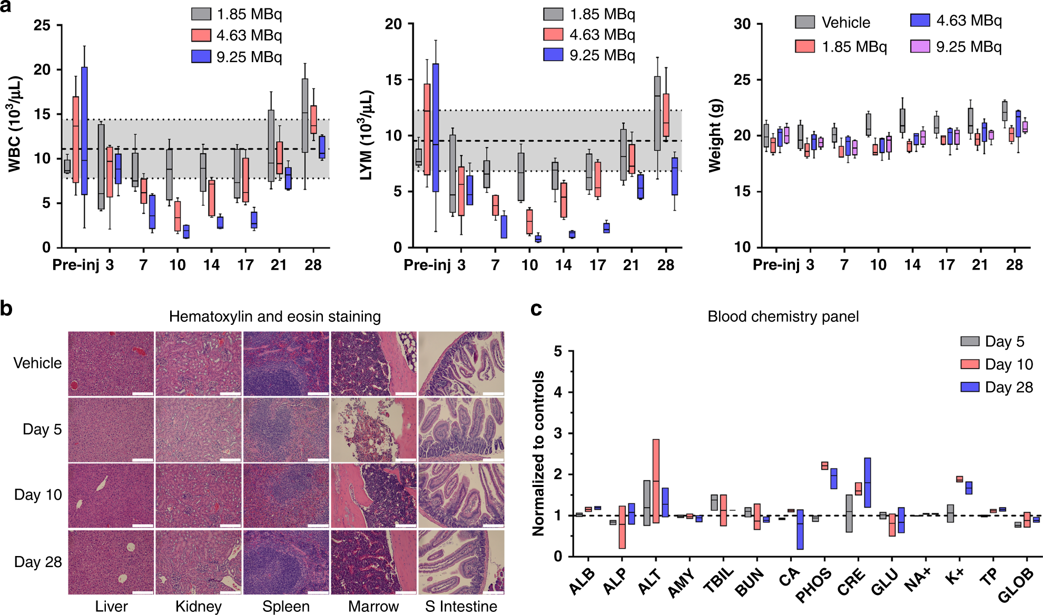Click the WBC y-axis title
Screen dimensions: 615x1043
click(x=15, y=124)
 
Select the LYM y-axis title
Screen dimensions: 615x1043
click(x=367, y=135)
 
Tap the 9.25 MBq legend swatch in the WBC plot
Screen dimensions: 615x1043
click(x=201, y=56)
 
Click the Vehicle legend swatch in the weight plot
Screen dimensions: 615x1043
click(x=804, y=22)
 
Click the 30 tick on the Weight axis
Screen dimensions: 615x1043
click(x=742, y=24)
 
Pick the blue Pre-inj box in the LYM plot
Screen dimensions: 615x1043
click(x=436, y=127)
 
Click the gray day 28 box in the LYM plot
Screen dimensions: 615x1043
click(x=657, y=113)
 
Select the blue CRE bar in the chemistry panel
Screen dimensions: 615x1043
click(x=868, y=482)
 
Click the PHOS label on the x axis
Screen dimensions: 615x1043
click(x=814, y=585)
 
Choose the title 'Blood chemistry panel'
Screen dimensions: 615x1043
click(x=783, y=316)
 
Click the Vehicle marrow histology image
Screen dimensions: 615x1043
click(x=373, y=363)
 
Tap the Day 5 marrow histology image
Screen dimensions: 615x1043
click(x=373, y=429)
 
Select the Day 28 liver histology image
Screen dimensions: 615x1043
click(x=111, y=562)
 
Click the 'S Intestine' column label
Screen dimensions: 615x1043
click(x=461, y=607)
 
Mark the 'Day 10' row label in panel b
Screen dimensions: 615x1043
click(x=38, y=495)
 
